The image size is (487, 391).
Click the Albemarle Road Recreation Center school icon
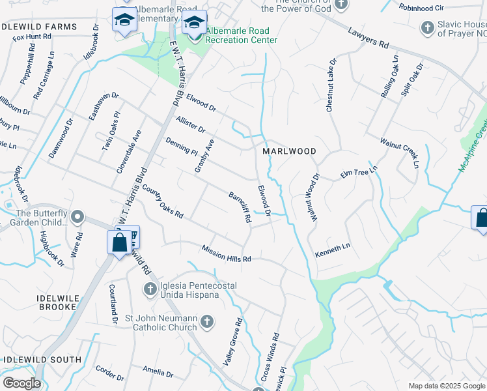click(x=193, y=23)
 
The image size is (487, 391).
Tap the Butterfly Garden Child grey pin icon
click(x=77, y=216)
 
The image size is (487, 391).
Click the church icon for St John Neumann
click(x=206, y=321)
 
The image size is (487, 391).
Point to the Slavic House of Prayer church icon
click(x=427, y=28)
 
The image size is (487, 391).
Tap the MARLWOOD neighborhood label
click(x=289, y=151)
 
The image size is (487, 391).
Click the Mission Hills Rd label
click(x=226, y=253)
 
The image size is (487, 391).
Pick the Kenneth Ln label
click(x=333, y=250)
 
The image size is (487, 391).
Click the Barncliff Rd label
click(x=240, y=207)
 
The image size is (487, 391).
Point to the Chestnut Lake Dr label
click(x=331, y=85)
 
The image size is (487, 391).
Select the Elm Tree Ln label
click(x=359, y=173)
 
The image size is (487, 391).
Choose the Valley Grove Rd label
click(x=233, y=341)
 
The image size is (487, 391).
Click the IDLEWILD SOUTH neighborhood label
click(x=42, y=360)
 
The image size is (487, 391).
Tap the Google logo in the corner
click(x=21, y=383)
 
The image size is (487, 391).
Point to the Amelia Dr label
click(x=158, y=373)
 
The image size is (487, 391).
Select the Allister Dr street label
click(x=190, y=124)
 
